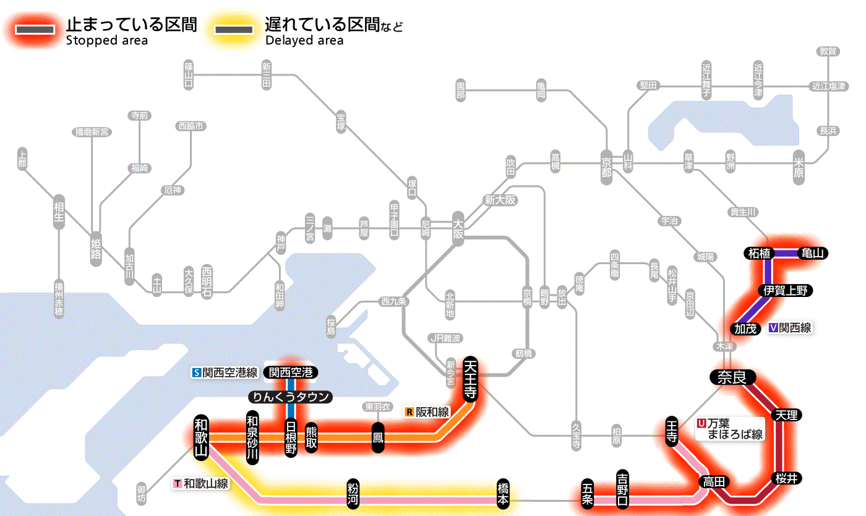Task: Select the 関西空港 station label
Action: (291, 372)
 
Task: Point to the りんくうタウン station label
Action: (290, 397)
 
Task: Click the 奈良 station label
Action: (732, 377)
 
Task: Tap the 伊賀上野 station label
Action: (786, 290)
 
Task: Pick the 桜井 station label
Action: (788, 478)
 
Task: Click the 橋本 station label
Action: (503, 493)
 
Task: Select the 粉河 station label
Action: (353, 493)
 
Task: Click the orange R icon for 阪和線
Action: (409, 411)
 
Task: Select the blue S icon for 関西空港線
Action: (197, 372)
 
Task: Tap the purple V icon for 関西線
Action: (773, 329)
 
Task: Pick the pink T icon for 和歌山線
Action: (178, 483)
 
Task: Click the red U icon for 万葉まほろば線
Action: (701, 423)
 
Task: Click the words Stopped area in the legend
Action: (106, 41)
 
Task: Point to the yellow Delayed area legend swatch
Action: (233, 29)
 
